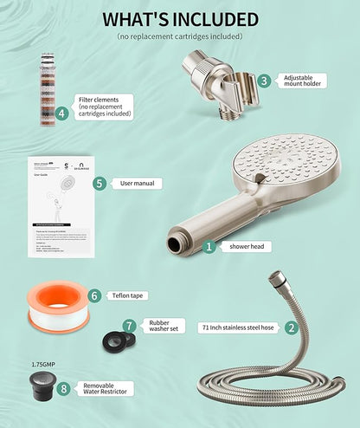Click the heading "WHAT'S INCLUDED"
(x=180, y=19)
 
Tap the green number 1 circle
(x=208, y=246)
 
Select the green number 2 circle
(x=292, y=327)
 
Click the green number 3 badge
(x=263, y=80)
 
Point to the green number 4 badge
(x=61, y=113)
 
